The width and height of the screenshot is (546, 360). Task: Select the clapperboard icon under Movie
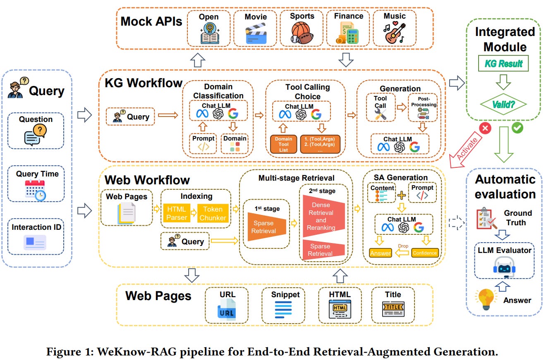tap(256, 34)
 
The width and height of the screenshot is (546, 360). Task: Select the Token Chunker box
tap(213, 213)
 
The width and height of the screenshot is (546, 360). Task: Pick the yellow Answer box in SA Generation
tap(381, 253)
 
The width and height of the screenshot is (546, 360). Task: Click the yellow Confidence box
tap(424, 253)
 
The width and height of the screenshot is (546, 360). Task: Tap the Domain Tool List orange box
tap(283, 144)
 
